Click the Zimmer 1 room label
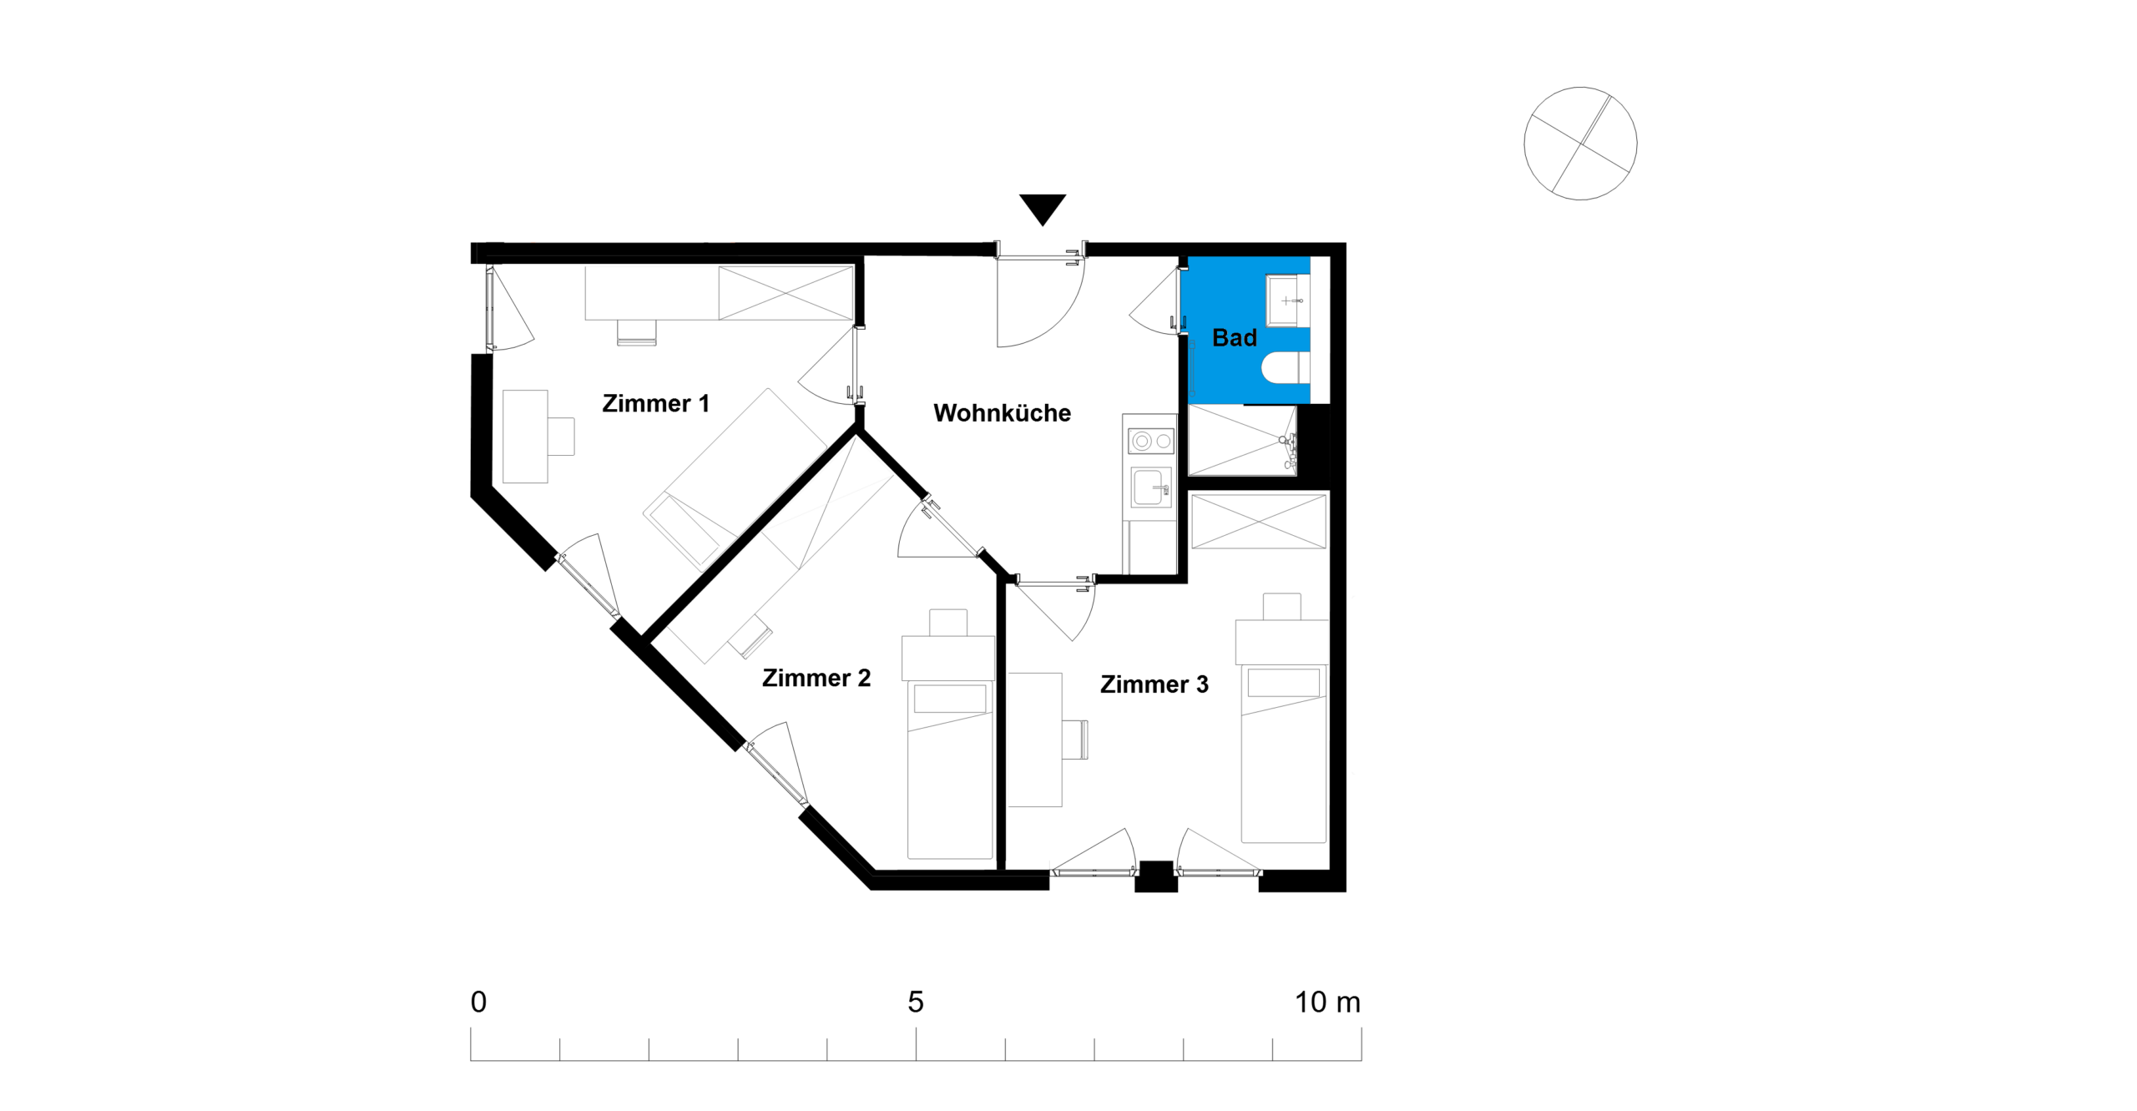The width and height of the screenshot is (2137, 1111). (x=655, y=404)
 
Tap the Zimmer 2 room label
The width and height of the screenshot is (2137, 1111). (x=816, y=678)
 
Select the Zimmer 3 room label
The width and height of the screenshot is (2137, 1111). (x=1154, y=684)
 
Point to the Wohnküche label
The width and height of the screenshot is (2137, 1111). (x=1002, y=413)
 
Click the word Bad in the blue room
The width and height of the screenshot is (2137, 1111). (x=1234, y=338)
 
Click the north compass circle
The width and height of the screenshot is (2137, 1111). (x=1579, y=144)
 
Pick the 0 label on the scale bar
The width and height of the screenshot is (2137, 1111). (x=478, y=1002)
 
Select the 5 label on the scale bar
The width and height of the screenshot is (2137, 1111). (x=916, y=1002)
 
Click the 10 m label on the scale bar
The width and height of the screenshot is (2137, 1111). (x=1327, y=1002)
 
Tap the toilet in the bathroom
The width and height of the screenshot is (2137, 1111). (x=1285, y=367)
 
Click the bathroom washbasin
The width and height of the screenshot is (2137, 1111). (x=1287, y=300)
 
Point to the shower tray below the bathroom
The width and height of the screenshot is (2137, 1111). (x=1242, y=441)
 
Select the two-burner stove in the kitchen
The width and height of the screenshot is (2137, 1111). (x=1151, y=441)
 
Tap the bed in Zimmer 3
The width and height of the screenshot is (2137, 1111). (x=1283, y=754)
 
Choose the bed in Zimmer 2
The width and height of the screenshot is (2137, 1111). (x=950, y=770)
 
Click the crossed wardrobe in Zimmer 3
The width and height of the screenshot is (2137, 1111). (x=1259, y=522)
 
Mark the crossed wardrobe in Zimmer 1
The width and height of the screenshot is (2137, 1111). (x=786, y=293)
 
